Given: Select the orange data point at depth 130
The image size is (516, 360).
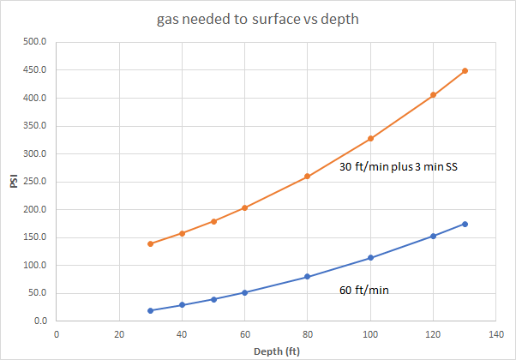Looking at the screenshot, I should (465, 70).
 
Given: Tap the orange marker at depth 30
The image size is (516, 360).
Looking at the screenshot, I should (150, 243).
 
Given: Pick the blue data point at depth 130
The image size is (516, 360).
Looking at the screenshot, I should (465, 224).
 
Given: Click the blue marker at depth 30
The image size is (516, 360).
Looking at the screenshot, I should (150, 310).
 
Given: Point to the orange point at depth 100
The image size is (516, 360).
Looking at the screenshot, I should (370, 138).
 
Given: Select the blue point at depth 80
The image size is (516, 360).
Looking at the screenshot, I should (307, 277).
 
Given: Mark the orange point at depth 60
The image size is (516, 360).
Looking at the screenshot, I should (244, 207).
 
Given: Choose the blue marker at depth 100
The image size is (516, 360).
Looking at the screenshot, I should (370, 258).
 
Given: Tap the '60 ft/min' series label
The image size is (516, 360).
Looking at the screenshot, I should (364, 291).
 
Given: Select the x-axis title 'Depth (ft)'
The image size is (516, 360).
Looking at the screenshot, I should (276, 350).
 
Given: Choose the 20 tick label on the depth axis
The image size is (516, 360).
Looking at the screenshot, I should (119, 333).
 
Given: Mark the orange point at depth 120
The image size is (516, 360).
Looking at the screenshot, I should (433, 95).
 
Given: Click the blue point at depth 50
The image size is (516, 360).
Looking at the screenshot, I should (213, 299).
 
